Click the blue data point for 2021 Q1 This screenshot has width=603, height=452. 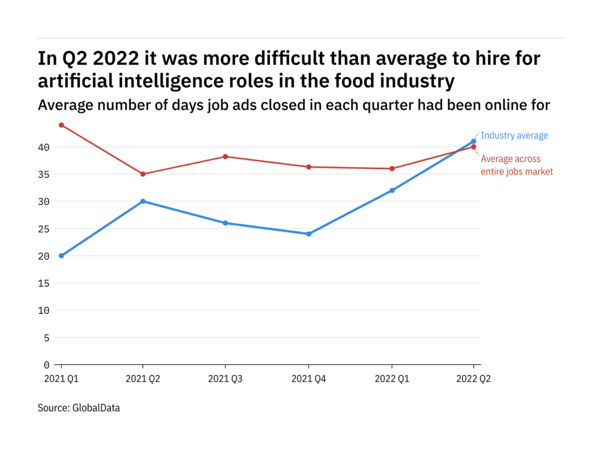pyautogui.click(x=61, y=256)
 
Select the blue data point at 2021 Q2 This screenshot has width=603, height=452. pyautogui.click(x=143, y=201)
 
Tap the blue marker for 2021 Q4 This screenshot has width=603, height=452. pyautogui.click(x=309, y=234)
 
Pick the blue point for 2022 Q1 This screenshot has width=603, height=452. pyautogui.click(x=392, y=190)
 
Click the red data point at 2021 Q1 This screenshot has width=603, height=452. pyautogui.click(x=61, y=125)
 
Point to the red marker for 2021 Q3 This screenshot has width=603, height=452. pyautogui.click(x=226, y=157)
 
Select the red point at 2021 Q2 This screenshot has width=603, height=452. pyautogui.click(x=143, y=174)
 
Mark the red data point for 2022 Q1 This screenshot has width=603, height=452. pyautogui.click(x=392, y=168)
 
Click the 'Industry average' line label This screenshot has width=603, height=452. pyautogui.click(x=514, y=136)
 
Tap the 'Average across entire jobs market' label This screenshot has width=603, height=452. pyautogui.click(x=517, y=165)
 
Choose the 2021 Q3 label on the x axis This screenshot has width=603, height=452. pyautogui.click(x=226, y=380)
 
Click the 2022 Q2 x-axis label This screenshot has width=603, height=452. pyautogui.click(x=474, y=380)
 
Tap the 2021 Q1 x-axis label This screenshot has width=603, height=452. pyautogui.click(x=61, y=380)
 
